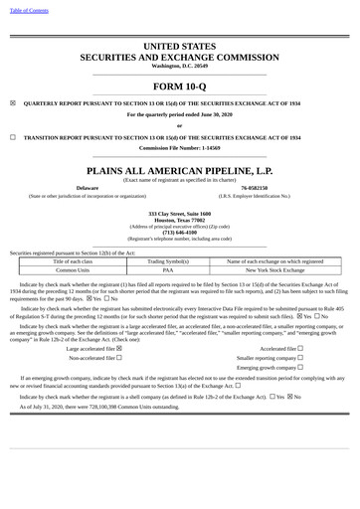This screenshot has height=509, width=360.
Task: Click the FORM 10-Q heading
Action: (179, 85)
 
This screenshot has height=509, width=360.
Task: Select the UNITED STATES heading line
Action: (179, 47)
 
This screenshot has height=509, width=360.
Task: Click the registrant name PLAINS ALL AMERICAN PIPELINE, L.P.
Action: (179, 170)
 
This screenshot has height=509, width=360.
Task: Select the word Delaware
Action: (88, 188)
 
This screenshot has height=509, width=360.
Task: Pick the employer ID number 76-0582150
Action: (261, 188)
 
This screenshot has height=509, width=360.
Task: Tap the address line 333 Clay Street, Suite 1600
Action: (179, 214)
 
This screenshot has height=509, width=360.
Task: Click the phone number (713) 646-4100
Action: (179, 232)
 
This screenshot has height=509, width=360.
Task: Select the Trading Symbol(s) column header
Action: (168, 260)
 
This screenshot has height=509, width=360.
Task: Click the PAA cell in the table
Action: (168, 269)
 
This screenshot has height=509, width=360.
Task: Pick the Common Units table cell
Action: (73, 269)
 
